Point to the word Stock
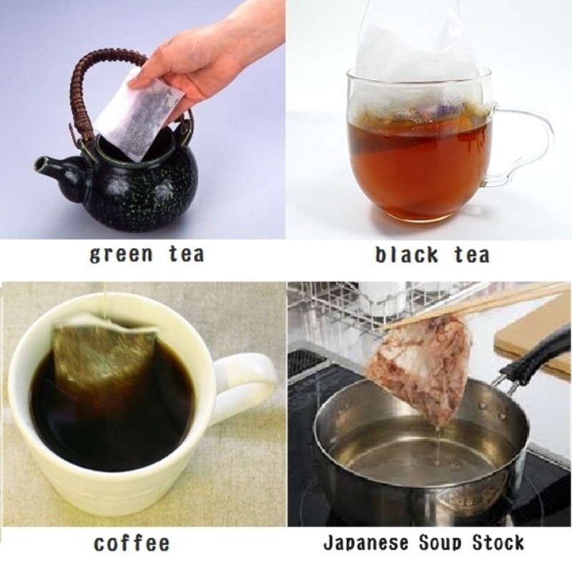click(x=496, y=543)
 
